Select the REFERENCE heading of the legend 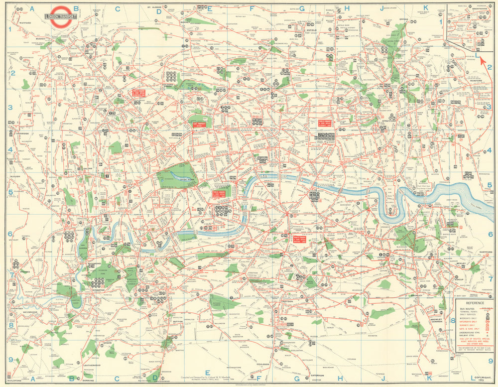473,303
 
